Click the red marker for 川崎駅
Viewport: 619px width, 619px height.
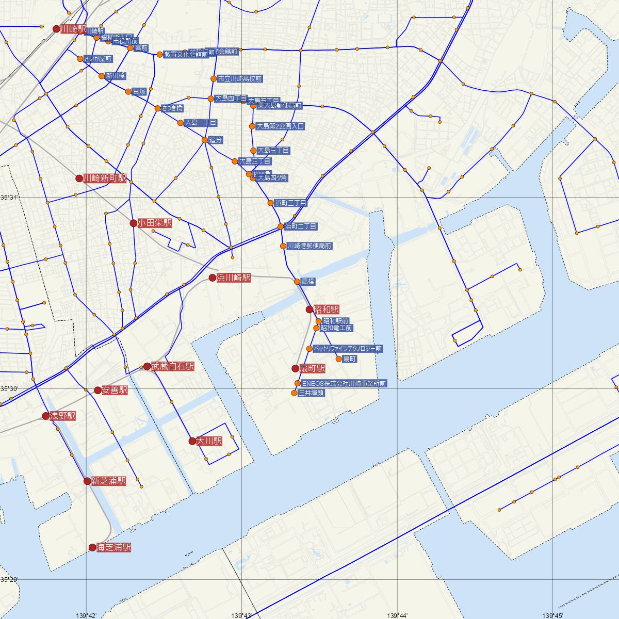(x=57, y=29)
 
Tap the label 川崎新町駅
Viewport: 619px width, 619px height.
(x=105, y=178)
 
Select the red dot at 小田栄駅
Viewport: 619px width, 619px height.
(x=133, y=223)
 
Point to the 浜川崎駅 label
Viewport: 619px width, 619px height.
(x=234, y=278)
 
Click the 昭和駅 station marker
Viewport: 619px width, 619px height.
(x=309, y=309)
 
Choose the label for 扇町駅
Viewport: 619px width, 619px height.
(x=313, y=368)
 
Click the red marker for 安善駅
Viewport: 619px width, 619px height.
(x=97, y=390)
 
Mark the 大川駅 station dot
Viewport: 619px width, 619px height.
(x=192, y=441)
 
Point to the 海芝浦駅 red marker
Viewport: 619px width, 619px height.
(x=92, y=547)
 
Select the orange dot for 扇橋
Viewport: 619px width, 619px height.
(x=297, y=282)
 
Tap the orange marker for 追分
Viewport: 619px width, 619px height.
(x=205, y=140)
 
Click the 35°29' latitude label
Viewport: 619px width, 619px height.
(x=9, y=579)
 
